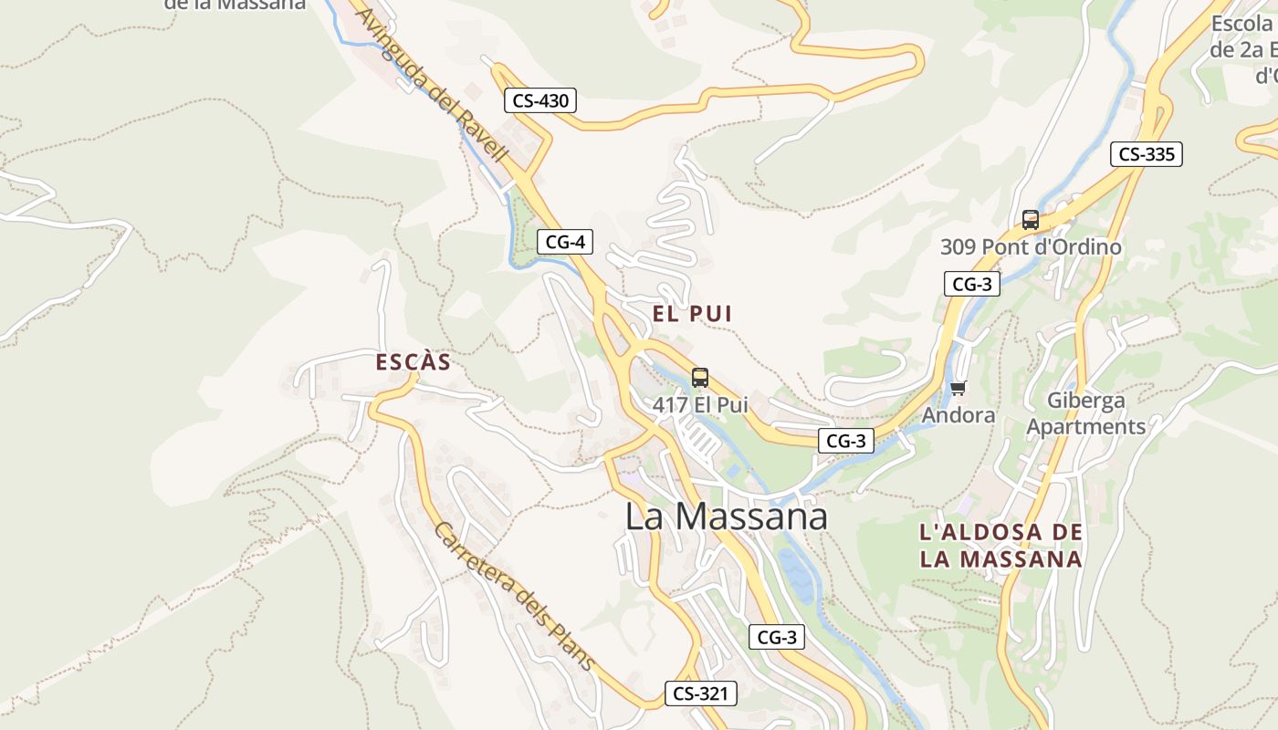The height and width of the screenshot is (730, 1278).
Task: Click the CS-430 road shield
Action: click(541, 100)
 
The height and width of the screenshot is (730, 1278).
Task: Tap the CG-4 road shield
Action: click(565, 242)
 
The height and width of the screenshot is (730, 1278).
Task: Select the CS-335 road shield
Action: click(1147, 154)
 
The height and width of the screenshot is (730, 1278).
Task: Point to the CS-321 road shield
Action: click(700, 693)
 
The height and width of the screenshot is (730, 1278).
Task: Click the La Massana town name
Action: click(726, 516)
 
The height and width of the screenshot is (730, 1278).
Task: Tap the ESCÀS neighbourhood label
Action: click(414, 362)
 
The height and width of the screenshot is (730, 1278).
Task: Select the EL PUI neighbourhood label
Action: click(692, 314)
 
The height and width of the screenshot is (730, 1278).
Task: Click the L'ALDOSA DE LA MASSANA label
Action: click(1001, 546)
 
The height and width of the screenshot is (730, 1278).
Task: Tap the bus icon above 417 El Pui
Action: click(700, 378)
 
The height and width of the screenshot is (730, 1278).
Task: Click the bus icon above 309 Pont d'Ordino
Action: click(1031, 220)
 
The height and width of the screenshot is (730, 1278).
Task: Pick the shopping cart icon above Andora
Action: click(958, 389)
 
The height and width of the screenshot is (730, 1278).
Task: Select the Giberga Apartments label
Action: click(1086, 413)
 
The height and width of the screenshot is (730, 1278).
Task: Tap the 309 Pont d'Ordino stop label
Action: click(1031, 246)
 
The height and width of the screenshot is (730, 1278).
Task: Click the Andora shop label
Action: click(958, 415)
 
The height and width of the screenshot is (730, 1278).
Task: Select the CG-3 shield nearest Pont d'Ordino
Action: click(972, 284)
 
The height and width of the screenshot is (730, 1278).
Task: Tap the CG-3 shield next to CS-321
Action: click(777, 637)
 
